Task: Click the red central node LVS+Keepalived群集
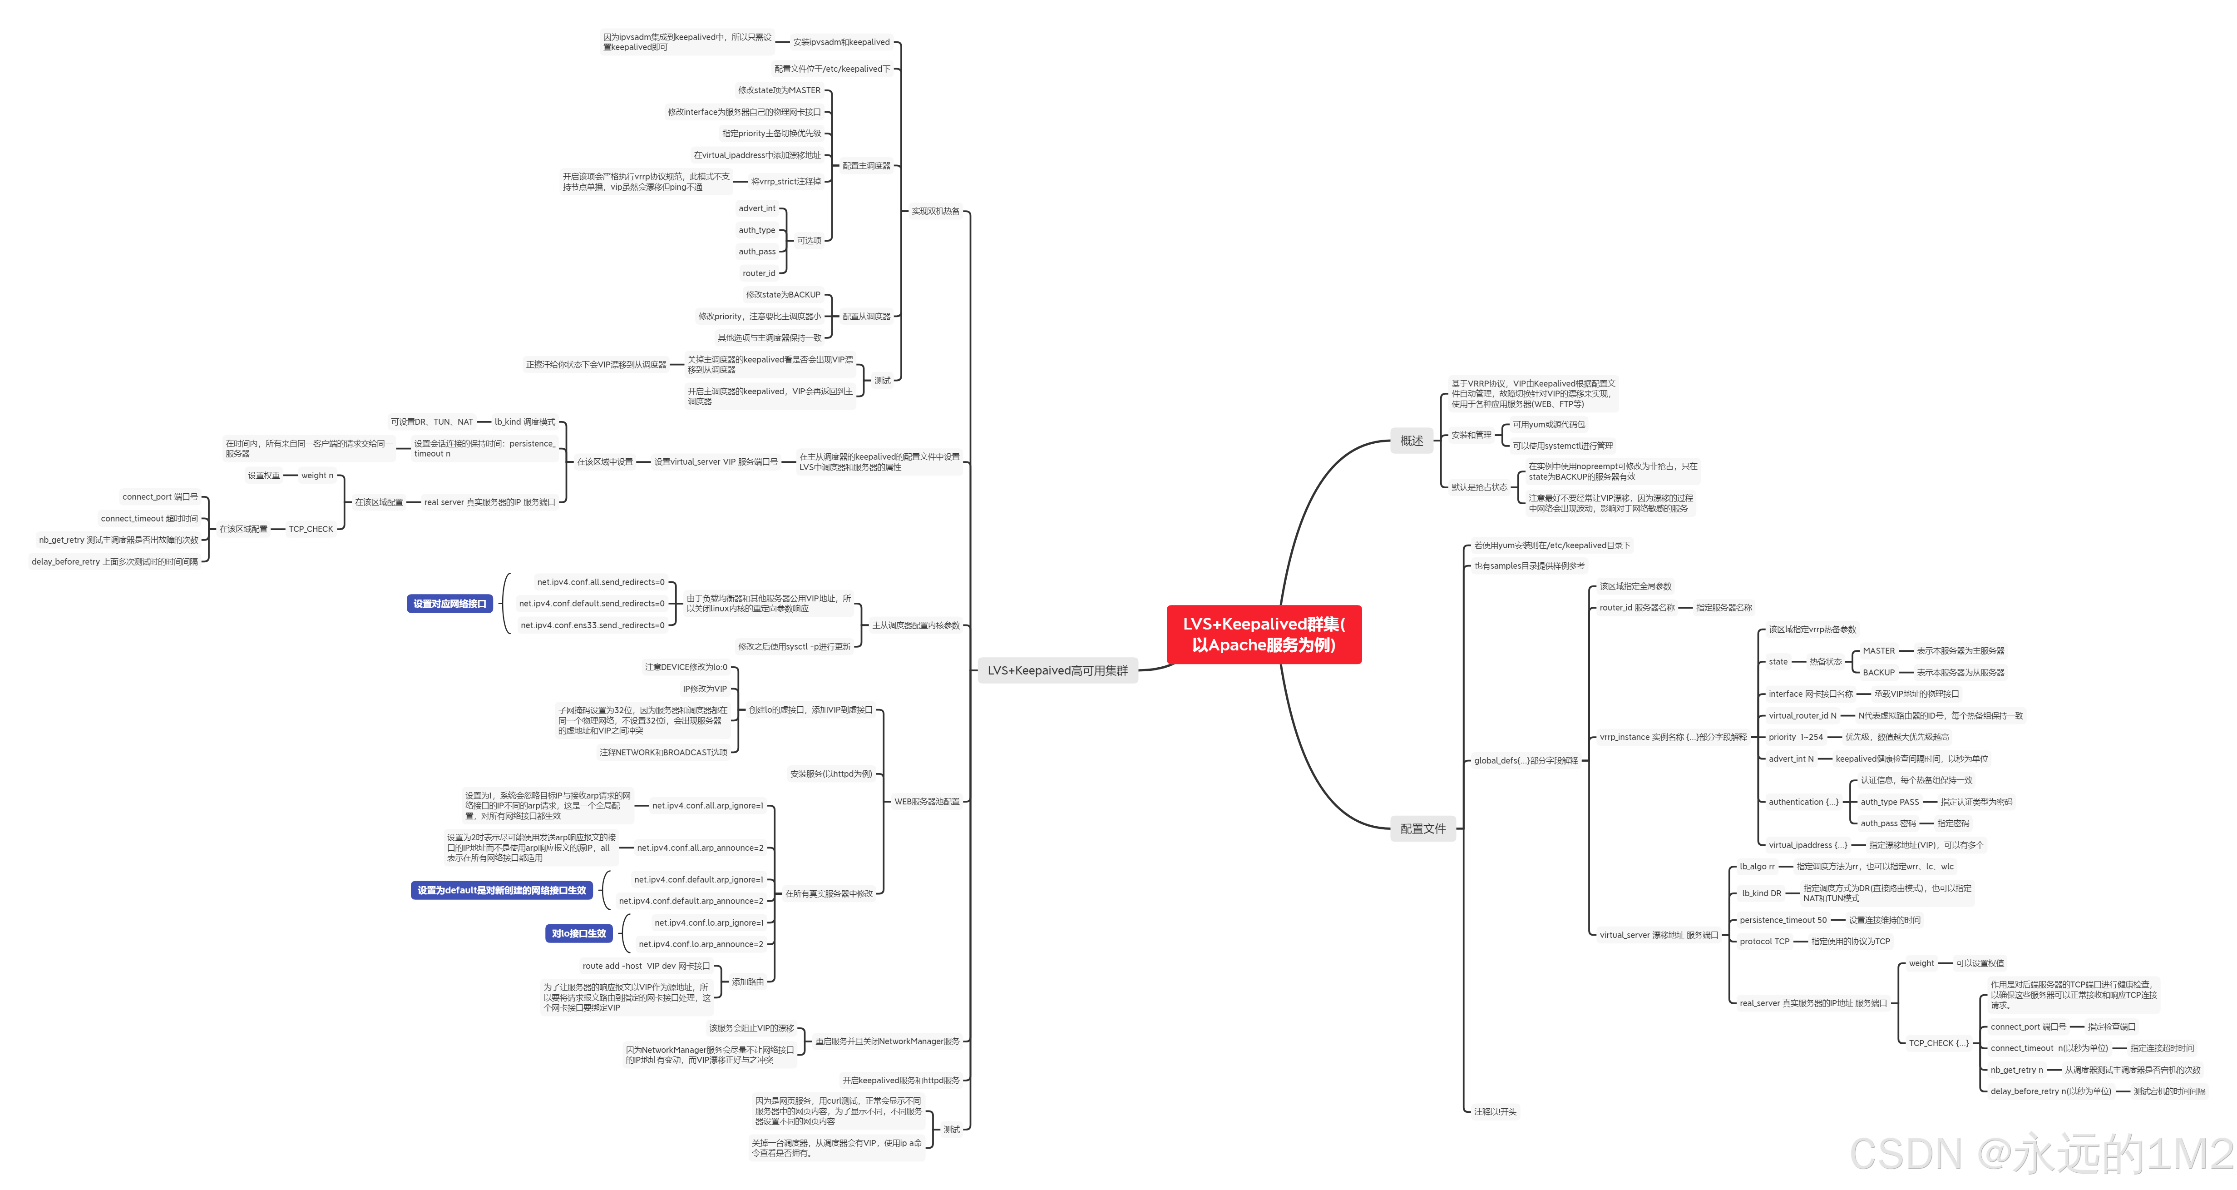point(1264,634)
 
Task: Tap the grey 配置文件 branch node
point(1422,828)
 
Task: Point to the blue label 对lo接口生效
point(578,934)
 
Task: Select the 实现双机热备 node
point(935,211)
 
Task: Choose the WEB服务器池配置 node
point(927,802)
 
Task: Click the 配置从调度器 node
point(866,316)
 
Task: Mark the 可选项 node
point(809,241)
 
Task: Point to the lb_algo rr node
point(1757,867)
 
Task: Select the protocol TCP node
point(1764,942)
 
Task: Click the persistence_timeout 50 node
point(1783,920)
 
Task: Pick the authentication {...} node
point(1803,802)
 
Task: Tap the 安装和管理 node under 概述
point(1471,435)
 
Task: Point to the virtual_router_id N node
point(1802,716)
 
